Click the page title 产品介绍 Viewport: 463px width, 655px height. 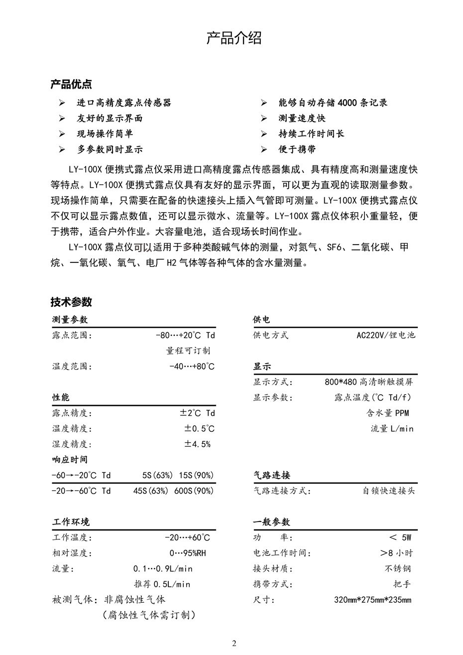point(233,39)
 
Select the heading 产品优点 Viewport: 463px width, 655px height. point(71,84)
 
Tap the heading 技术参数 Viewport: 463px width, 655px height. point(71,302)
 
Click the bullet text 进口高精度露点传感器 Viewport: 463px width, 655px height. point(123,103)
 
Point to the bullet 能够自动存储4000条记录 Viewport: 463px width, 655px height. point(333,103)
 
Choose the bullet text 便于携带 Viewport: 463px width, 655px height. point(297,149)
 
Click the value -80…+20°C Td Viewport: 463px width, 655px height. point(185,335)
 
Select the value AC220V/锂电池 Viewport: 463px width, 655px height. point(385,335)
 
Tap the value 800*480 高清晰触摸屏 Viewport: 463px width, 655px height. point(368,382)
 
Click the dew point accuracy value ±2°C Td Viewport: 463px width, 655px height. point(197,413)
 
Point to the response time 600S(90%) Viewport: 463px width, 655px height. point(194,491)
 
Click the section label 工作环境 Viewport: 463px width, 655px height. point(71,522)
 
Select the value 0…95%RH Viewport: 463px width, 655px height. point(188,553)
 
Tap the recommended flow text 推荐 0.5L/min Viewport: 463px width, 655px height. point(162,584)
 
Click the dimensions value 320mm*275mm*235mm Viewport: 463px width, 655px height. point(372,600)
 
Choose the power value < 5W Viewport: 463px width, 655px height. point(400,537)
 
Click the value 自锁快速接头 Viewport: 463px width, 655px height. point(388,491)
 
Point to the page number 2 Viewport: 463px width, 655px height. point(234,643)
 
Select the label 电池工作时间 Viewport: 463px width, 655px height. point(282,553)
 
